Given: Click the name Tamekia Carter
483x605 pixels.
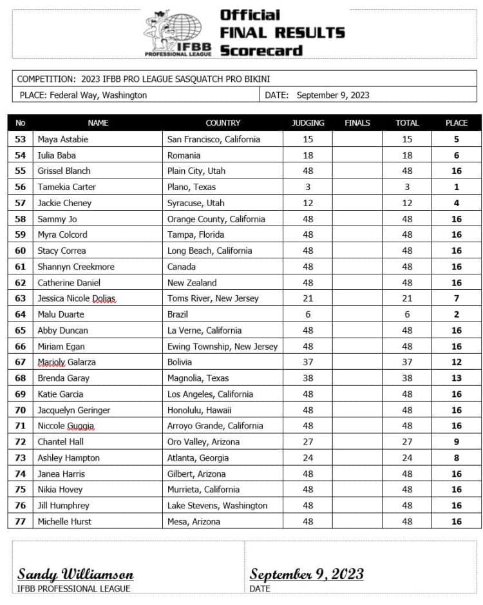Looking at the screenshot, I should pos(66,187).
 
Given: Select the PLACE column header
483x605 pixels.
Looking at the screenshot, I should pos(456,122).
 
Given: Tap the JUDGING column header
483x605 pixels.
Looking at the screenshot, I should pos(308,122).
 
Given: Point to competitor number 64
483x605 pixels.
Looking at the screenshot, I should pos(20,314).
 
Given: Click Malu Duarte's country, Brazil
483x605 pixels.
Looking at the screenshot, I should pos(178,314).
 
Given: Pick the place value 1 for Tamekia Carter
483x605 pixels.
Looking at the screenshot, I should pos(456,187).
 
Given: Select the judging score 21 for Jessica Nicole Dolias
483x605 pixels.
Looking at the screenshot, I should pos(308,298).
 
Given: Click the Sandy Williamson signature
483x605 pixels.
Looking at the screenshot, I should pos(75,573).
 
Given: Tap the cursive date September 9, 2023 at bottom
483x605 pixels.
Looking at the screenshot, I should pos(307,573).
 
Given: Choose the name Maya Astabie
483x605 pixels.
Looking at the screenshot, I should pos(64,139).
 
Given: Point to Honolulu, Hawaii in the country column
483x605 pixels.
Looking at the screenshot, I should pos(200,410).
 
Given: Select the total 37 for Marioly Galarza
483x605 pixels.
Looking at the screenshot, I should pos(407,362).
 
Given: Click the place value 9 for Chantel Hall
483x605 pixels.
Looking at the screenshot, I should pos(456,442).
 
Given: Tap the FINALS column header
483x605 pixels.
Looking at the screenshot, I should pos(357,122).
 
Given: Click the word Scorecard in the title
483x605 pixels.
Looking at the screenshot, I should pos(261,50).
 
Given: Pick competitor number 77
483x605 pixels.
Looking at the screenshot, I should pos(20,521).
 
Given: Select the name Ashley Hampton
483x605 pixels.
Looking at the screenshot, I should pos(68,457).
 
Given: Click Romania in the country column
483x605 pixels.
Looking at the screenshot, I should pos(184,155).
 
